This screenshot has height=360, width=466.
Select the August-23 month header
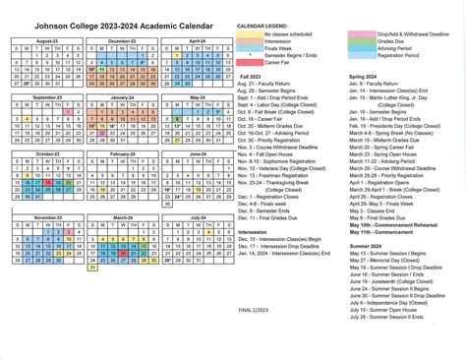(48, 41)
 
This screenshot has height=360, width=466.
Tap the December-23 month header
(122, 41)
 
